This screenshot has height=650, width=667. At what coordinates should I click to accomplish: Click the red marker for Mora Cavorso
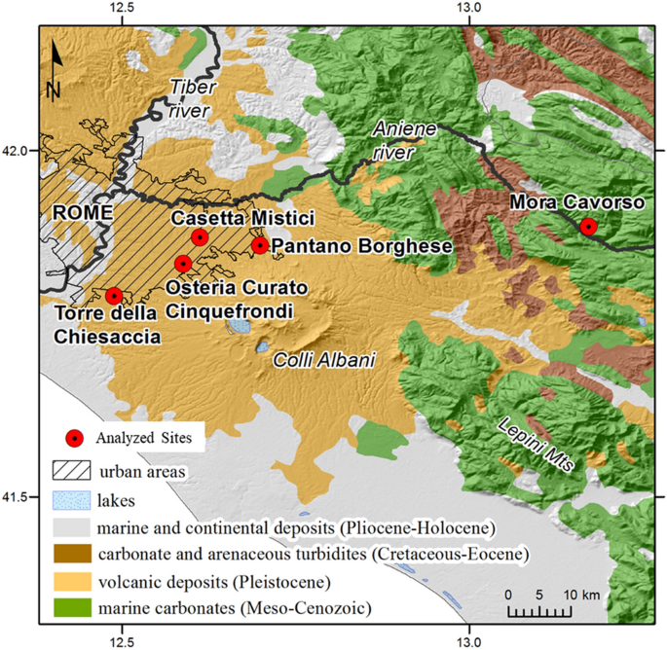(x=588, y=227)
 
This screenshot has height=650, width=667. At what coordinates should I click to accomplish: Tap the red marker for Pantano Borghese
(x=260, y=245)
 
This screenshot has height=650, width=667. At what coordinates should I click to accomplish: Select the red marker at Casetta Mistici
(x=200, y=237)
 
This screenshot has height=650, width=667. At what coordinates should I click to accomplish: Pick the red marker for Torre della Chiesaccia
(x=114, y=296)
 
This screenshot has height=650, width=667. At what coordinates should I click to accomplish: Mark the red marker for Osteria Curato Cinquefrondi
(x=182, y=264)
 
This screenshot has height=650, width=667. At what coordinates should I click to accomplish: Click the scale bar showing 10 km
(x=540, y=611)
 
